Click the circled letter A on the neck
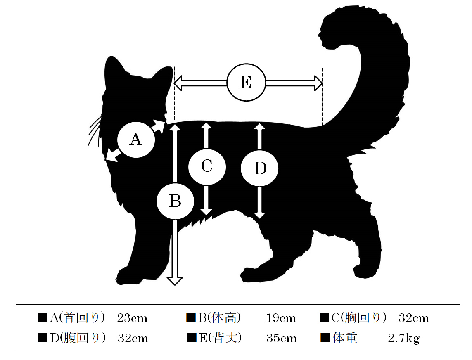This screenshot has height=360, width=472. pos(136,140)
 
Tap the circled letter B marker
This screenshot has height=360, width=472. pos(175,201)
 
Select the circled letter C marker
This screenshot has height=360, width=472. pos(207,166)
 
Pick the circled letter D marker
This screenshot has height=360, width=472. pos(259,168)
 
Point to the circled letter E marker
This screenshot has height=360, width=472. pos(246,83)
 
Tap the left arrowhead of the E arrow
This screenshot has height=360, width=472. pos(178,83)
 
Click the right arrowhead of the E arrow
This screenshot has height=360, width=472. pos(319,83)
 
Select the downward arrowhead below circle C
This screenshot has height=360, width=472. pos(206,212)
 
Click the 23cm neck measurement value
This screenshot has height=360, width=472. pos(132,318)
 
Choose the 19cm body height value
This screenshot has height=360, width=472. pos(281,318)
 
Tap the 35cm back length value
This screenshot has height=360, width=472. pos(282,339)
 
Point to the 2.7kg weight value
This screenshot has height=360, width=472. pos(404,339)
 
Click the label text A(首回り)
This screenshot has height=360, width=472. pos(77,318)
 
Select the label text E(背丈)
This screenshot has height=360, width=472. pos(220,338)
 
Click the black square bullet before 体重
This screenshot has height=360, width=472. pos(325,338)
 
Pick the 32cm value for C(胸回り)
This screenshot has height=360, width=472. pos(414,318)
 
